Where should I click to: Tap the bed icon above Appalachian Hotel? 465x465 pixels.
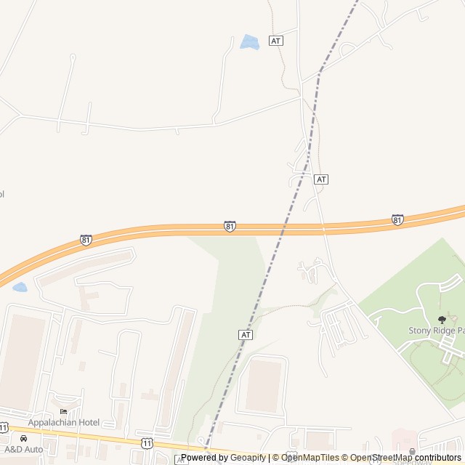(x=63, y=413)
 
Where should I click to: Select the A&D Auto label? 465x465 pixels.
(x=24, y=449)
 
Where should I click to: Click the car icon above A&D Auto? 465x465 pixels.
(x=24, y=439)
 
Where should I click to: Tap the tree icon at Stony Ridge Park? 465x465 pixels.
(x=442, y=320)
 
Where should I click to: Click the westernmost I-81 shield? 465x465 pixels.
(x=86, y=240)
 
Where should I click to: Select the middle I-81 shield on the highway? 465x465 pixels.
(x=230, y=227)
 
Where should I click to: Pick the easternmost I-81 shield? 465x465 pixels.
(x=397, y=219)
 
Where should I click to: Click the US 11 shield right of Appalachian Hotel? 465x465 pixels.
(x=147, y=442)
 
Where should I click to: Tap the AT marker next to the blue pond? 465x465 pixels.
(x=275, y=41)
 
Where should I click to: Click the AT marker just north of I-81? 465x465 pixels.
(x=322, y=179)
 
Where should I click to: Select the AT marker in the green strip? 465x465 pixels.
(x=246, y=334)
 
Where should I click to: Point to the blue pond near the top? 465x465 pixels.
(x=250, y=42)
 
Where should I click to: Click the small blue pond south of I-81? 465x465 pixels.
(x=20, y=287)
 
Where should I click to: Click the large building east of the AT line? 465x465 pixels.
(x=263, y=386)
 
